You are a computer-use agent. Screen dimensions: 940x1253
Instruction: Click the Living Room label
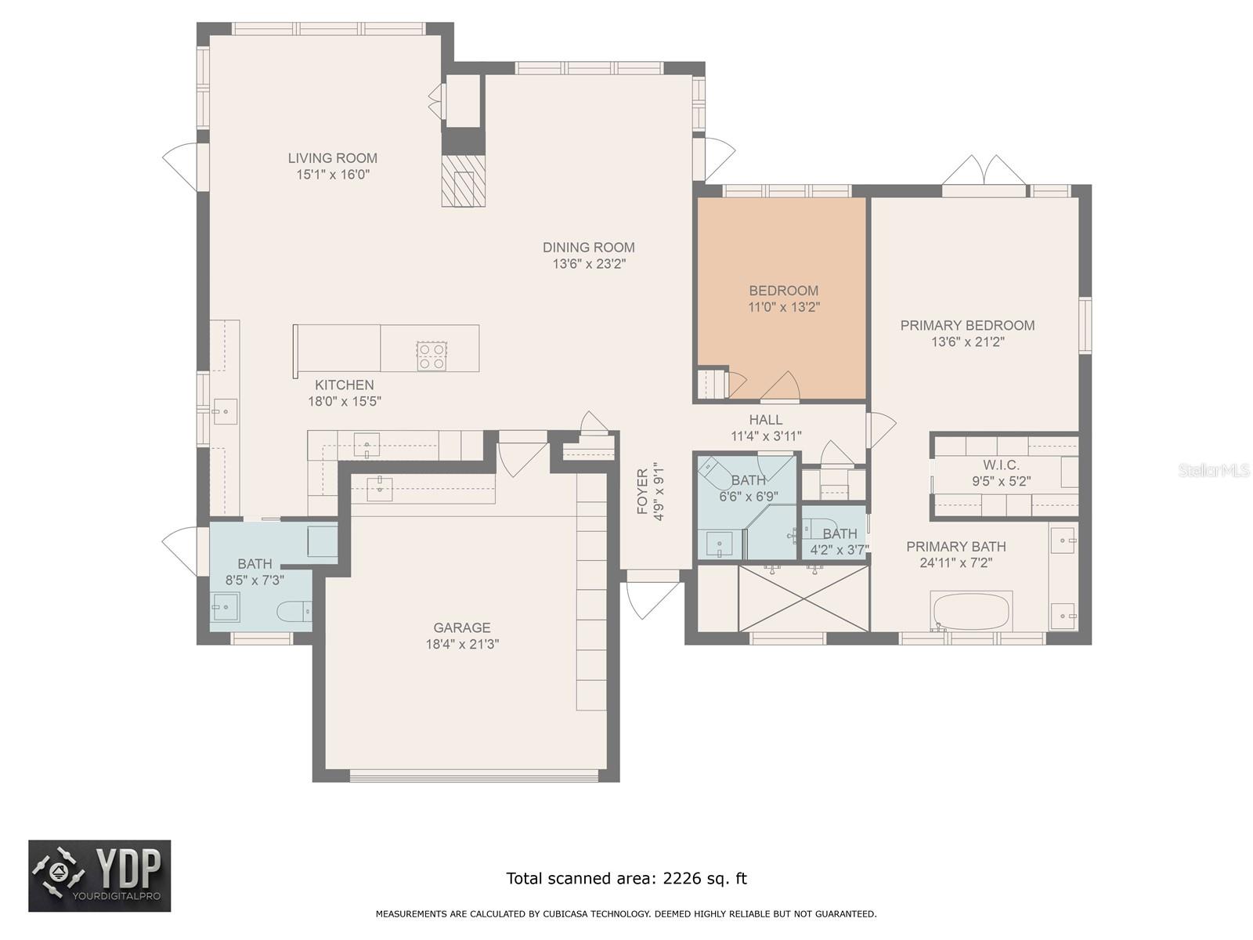(x=332, y=158)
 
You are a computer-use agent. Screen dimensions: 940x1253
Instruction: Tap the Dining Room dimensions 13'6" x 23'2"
(x=589, y=265)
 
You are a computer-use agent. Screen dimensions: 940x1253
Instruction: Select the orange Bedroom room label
(x=783, y=291)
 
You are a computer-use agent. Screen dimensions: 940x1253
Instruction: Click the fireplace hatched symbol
(x=464, y=181)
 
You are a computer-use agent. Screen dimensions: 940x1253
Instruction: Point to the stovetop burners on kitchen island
(x=432, y=356)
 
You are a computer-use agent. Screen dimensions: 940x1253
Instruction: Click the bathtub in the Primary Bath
(x=971, y=610)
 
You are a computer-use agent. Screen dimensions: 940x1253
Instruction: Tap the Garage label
(x=462, y=627)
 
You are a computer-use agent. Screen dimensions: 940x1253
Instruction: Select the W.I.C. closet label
(x=1001, y=465)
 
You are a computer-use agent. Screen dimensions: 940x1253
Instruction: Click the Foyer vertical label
(x=643, y=491)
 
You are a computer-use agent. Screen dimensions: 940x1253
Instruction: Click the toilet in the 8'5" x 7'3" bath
(x=295, y=611)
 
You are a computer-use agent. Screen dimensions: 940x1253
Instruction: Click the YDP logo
(x=99, y=876)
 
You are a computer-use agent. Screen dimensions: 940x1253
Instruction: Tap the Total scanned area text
(x=626, y=878)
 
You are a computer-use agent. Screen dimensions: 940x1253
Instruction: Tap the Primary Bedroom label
(x=967, y=325)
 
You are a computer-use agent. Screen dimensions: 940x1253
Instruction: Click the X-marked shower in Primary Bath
(x=803, y=598)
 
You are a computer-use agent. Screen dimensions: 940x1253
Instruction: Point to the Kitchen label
(x=344, y=385)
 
